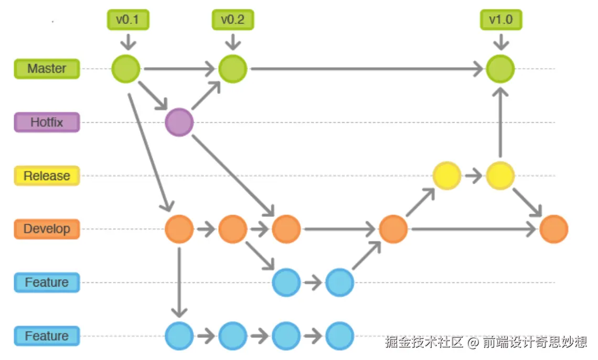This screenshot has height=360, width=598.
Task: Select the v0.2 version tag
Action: pos(232,20)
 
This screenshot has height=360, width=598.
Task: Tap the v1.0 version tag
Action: pos(500,20)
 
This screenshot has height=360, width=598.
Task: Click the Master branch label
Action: pos(47,69)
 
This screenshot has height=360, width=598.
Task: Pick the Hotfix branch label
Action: pos(47,122)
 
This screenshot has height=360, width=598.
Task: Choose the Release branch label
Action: pos(47,176)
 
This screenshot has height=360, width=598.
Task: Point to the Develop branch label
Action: pos(47,229)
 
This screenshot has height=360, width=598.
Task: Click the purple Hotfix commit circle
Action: pos(179,122)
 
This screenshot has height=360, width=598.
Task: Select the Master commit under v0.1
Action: pos(126,69)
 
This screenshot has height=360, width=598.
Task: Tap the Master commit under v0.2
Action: pos(232,69)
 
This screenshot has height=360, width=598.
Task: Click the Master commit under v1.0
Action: pos(500,69)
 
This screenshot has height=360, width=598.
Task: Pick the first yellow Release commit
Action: pos(447,176)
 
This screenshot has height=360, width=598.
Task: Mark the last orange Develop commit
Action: pos(554,229)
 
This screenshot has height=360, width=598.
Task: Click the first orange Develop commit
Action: pos(179,229)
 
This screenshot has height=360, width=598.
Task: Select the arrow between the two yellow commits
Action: pos(474,176)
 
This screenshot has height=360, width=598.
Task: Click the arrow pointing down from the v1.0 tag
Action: pos(500,41)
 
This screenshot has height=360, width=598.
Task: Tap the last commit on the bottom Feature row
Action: pos(340,336)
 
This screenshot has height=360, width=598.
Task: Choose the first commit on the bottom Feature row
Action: pos(179,336)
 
